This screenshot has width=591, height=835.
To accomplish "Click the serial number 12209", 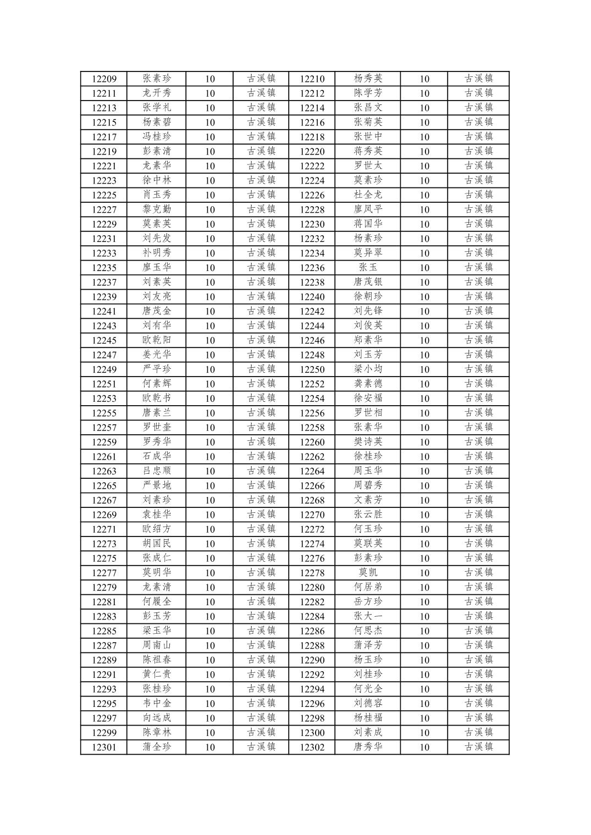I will tap(104, 79).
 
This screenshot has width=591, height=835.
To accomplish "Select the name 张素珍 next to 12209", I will tap(157, 79).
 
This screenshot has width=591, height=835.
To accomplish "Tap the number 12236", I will tap(312, 268).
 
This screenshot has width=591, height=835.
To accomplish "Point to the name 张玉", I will tap(368, 267).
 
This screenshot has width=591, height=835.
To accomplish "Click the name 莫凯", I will tap(368, 572).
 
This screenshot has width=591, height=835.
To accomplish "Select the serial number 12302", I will tap(312, 747).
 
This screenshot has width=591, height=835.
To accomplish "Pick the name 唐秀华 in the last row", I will tap(368, 746).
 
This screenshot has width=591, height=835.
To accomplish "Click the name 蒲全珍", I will tap(157, 746).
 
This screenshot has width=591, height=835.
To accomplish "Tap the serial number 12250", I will tap(312, 369).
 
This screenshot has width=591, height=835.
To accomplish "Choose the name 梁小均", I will tap(368, 369).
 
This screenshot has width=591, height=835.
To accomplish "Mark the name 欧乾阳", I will tap(157, 340).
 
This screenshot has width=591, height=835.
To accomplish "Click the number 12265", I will tap(104, 485).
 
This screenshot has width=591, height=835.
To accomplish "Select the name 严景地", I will tap(157, 485).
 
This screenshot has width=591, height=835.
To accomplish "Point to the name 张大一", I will tap(368, 616).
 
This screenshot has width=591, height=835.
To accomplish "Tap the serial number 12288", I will tap(312, 645).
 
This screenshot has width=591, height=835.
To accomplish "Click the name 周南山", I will tap(157, 645).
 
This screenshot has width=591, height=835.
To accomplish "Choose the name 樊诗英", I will tap(368, 441).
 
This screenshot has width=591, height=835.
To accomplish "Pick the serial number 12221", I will tap(104, 166).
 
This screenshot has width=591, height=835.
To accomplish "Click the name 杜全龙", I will tap(368, 195).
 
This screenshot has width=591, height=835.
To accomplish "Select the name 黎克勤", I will tap(157, 209).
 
